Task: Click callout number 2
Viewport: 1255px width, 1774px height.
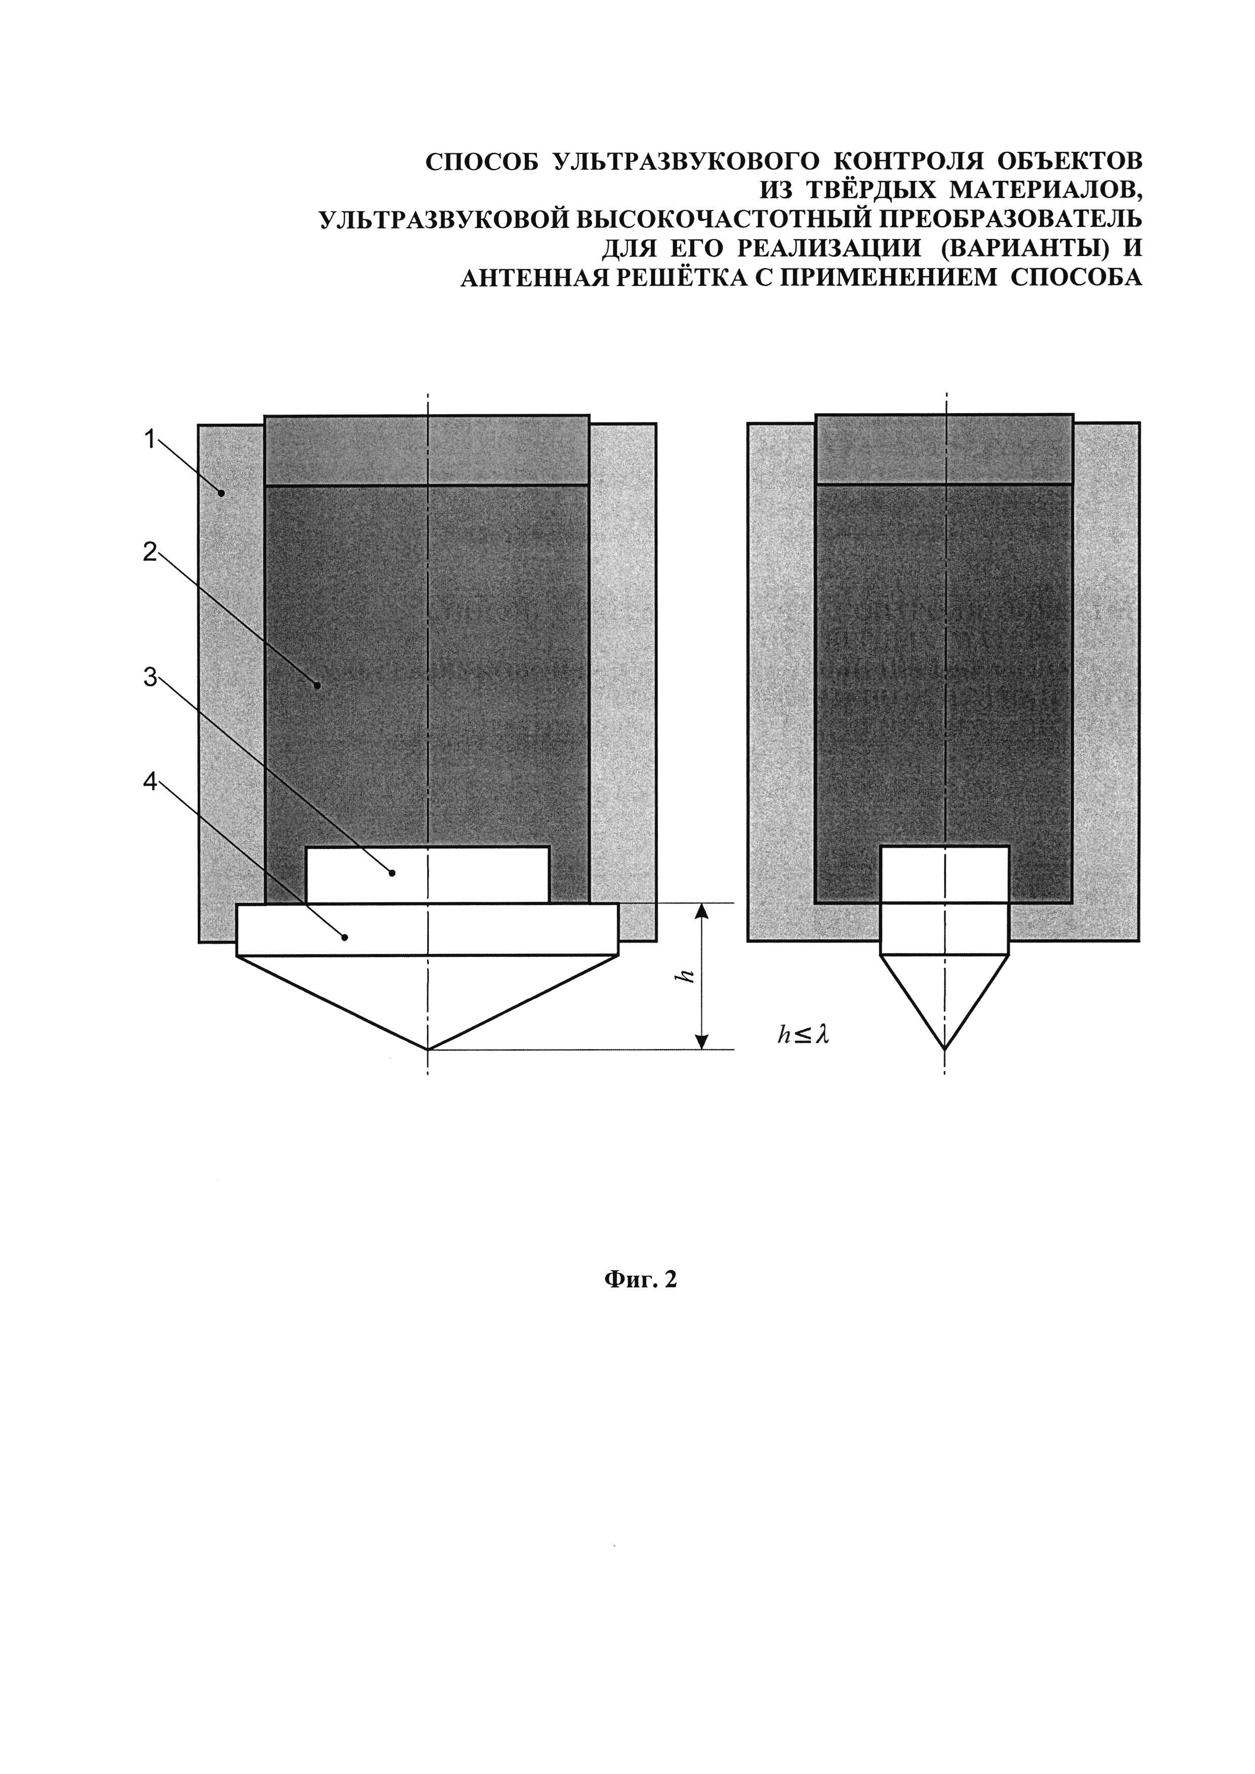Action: coord(149,552)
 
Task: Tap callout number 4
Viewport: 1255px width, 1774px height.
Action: coord(149,782)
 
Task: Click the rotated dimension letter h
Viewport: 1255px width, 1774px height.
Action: coord(684,977)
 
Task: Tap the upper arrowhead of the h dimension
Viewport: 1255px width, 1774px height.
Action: coord(702,912)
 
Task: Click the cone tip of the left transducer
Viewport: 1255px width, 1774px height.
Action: coord(427,1049)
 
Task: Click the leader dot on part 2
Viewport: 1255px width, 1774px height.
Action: coord(317,684)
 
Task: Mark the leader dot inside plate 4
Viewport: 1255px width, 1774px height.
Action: coord(346,937)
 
